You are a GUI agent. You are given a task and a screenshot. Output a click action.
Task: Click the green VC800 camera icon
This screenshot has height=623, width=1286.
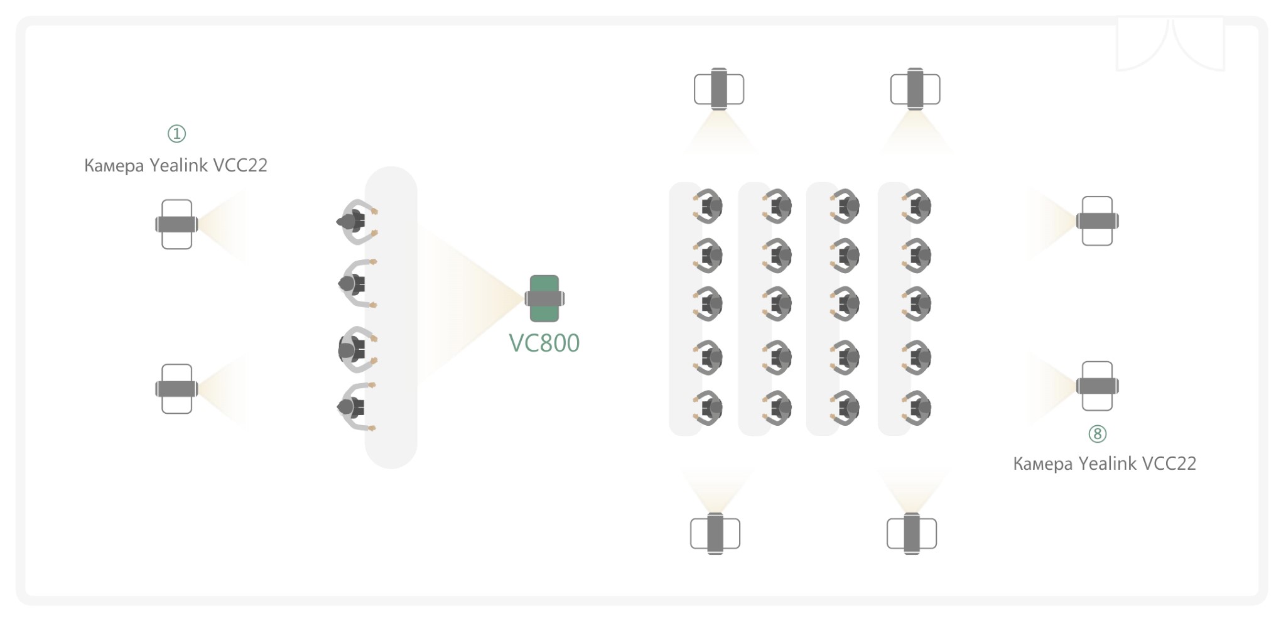(x=544, y=298)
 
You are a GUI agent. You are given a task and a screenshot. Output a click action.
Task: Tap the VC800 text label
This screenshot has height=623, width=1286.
(x=544, y=343)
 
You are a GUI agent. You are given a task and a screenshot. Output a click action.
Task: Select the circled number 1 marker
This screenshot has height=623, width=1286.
(x=176, y=133)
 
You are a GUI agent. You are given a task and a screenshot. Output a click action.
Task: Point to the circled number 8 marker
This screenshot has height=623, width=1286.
(x=1097, y=433)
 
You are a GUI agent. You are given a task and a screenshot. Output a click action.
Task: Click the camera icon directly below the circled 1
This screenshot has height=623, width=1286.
(x=176, y=224)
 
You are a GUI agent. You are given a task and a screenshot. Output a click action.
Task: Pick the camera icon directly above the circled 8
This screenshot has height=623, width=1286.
(x=1097, y=386)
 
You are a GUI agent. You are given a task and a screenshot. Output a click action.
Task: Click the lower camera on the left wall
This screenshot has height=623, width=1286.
(x=176, y=389)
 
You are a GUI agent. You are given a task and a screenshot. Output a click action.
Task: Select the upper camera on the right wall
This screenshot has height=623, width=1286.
(x=1097, y=221)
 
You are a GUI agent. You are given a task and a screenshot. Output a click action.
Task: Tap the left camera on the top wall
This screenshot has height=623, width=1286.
(x=719, y=89)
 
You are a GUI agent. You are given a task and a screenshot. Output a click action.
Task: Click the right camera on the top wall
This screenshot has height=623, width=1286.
(x=916, y=89)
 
